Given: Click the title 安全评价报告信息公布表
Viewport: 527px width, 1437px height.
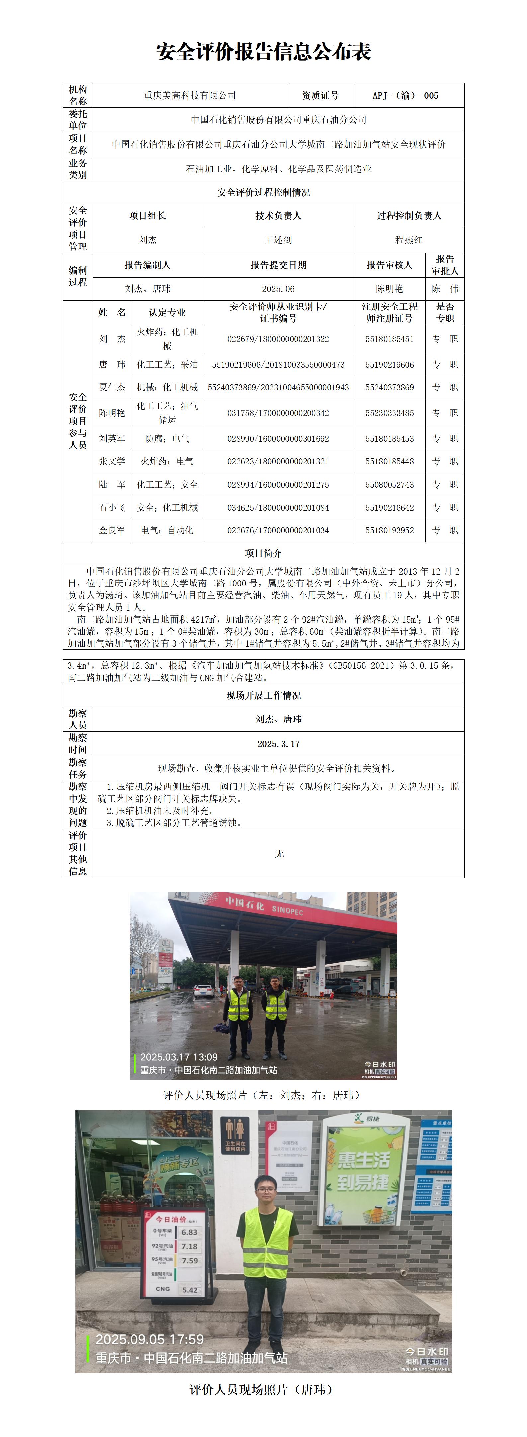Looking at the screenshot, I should click(264, 52).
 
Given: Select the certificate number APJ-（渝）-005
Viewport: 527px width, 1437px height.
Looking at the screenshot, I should click(405, 96).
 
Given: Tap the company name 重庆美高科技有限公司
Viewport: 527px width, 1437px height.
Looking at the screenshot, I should click(190, 96).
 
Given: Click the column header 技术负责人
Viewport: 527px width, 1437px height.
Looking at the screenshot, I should click(278, 215).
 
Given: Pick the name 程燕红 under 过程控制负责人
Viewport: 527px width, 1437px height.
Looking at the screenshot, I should click(409, 240).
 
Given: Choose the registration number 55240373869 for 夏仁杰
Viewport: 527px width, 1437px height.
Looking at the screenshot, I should click(390, 387).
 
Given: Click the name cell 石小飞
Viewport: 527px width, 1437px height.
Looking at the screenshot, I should click(112, 507).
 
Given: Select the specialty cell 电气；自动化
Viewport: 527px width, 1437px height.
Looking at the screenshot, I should click(167, 530).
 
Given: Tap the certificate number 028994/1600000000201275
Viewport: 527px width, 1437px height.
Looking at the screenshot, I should click(278, 485).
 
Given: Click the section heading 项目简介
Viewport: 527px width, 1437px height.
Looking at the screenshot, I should click(264, 553).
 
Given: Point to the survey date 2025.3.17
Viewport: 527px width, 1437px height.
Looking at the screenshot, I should click(278, 744).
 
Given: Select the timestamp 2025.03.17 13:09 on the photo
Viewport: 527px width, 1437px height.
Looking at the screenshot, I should click(179, 1057).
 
